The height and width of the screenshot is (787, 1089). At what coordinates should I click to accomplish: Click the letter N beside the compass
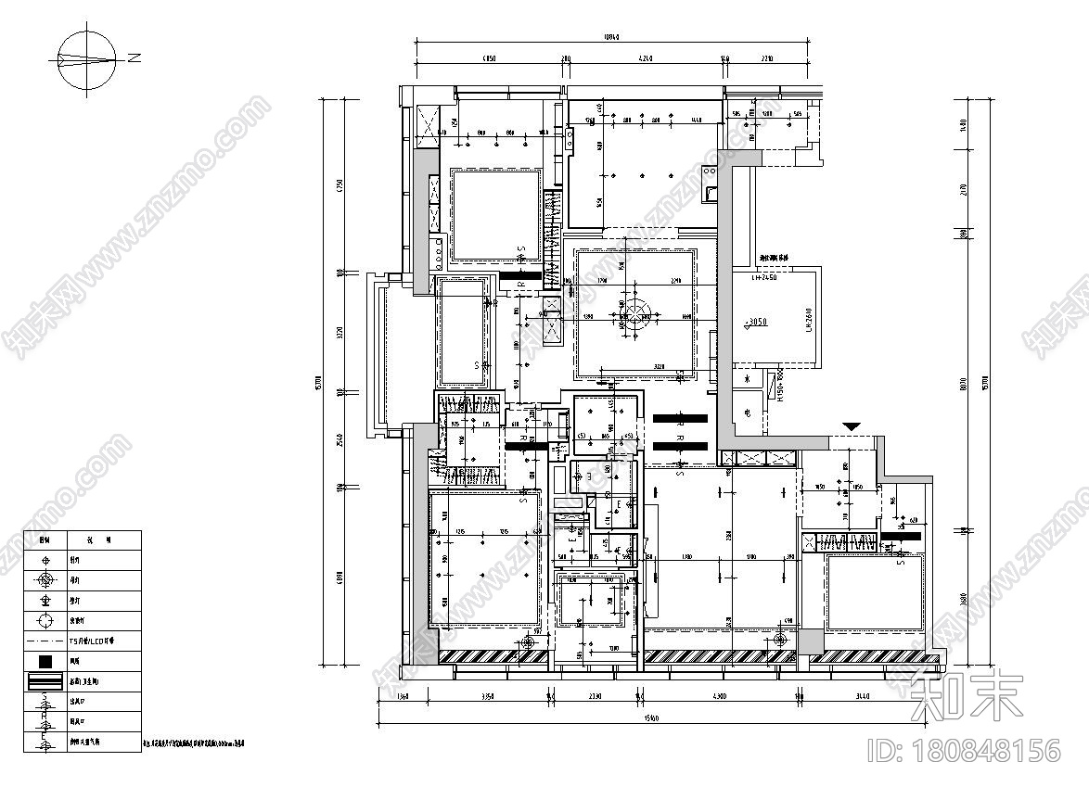click(x=135, y=58)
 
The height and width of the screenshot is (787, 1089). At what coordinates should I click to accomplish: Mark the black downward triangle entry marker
click(x=852, y=426)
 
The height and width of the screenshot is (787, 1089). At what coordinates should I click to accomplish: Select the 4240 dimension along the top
click(x=646, y=58)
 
